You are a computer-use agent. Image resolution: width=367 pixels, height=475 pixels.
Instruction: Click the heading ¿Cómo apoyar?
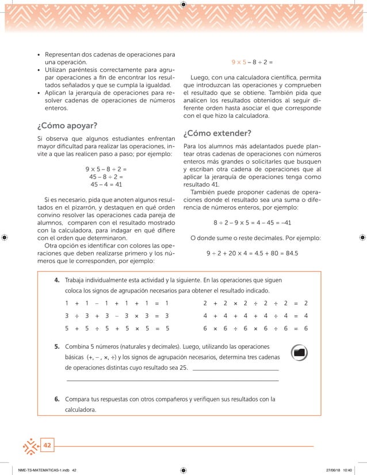pos(67,126)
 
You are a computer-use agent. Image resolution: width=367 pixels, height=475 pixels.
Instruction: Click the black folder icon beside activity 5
pos(299,353)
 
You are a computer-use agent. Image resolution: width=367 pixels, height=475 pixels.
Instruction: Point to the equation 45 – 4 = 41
pos(106,185)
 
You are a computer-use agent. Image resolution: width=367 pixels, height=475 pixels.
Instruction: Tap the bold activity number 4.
pos(58,280)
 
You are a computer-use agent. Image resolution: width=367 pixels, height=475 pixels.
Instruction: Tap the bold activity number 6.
pos(58,399)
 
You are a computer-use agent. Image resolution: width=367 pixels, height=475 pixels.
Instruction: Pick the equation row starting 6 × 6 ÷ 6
pos(256,329)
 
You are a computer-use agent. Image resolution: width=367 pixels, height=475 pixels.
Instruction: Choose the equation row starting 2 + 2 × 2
pos(256,303)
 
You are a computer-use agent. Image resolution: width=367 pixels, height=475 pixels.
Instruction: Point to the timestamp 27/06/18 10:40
pos(335,469)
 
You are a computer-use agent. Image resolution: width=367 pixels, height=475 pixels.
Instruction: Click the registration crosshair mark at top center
pos(183,5)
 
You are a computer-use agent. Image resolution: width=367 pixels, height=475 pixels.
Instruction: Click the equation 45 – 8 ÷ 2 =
pos(106,177)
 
